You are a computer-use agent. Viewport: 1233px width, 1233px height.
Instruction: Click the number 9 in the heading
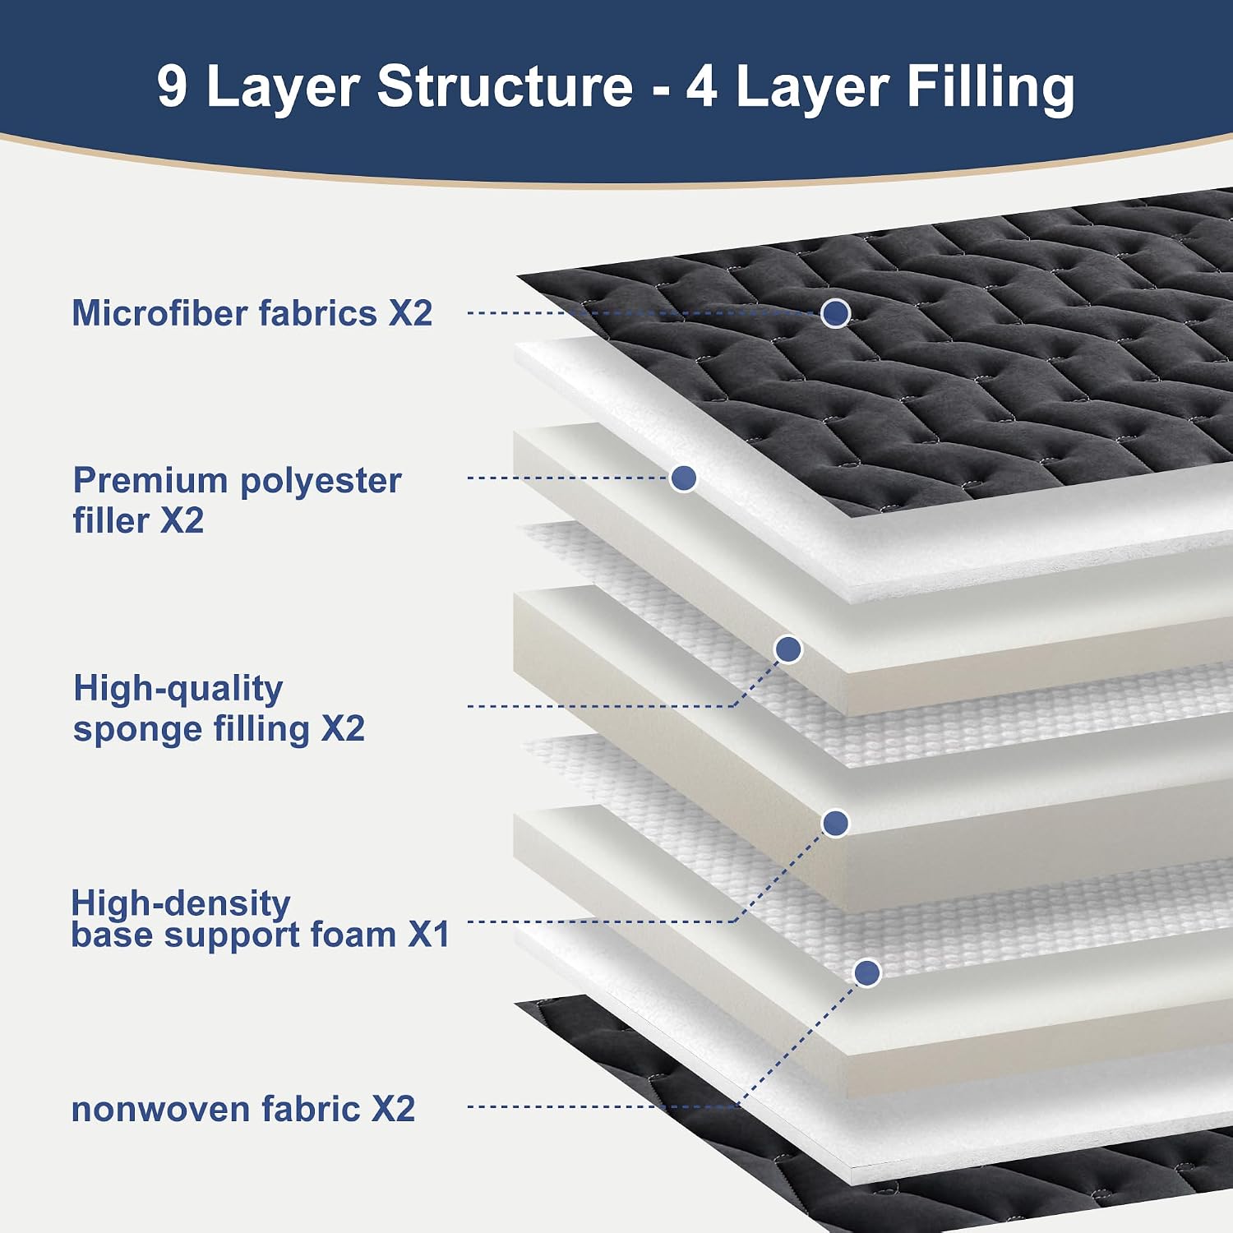pyautogui.click(x=172, y=85)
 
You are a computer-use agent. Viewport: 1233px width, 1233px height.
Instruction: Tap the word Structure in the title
pyautogui.click(x=505, y=85)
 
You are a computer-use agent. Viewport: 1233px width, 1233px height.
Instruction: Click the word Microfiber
pyautogui.click(x=161, y=313)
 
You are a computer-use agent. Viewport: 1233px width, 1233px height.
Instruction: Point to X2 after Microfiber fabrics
pyautogui.click(x=410, y=313)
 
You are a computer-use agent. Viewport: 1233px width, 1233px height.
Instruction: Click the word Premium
pyautogui.click(x=150, y=480)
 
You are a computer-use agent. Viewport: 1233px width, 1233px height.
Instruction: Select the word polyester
pyautogui.click(x=321, y=482)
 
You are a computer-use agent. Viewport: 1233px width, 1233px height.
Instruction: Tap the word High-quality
pyautogui.click(x=178, y=690)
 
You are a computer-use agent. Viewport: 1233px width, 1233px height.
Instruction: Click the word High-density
pyautogui.click(x=181, y=903)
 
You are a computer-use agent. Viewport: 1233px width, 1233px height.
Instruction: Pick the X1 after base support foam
pyautogui.click(x=429, y=935)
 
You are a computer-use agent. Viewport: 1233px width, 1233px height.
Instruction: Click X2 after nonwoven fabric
pyautogui.click(x=394, y=1109)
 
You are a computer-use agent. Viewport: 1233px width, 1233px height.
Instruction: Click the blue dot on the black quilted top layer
pyautogui.click(x=835, y=312)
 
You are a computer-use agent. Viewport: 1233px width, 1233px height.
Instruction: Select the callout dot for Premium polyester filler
pyautogui.click(x=683, y=478)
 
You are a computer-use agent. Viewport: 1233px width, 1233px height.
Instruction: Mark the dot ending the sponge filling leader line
pyautogui.click(x=788, y=649)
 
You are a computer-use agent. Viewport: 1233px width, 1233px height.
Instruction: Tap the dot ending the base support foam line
pyautogui.click(x=835, y=823)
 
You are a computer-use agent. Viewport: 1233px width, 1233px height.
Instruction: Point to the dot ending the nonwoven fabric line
pyautogui.click(x=867, y=972)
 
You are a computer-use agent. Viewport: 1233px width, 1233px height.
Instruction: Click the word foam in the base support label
pyautogui.click(x=351, y=935)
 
